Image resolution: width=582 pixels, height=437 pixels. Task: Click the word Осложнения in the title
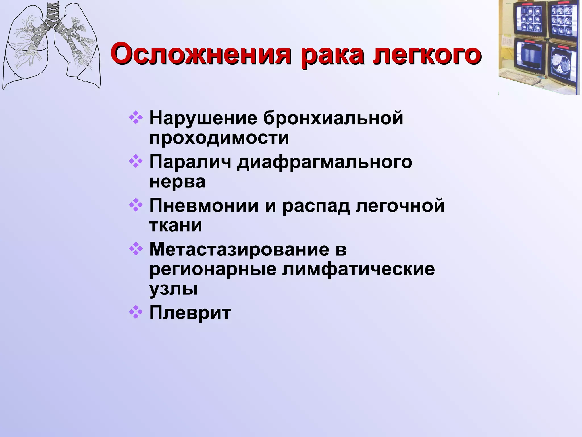201,54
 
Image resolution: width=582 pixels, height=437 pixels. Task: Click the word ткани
176,225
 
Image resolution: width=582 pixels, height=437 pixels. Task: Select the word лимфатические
358,269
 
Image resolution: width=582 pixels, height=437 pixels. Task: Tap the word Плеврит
190,313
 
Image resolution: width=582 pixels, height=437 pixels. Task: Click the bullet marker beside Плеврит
136,312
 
